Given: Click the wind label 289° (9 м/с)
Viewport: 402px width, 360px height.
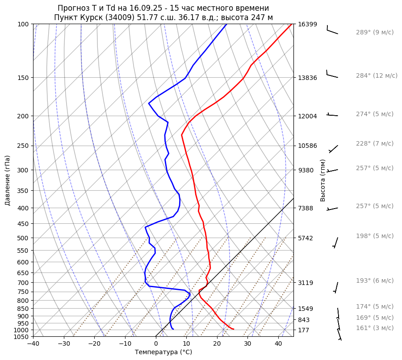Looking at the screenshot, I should (x=374, y=32).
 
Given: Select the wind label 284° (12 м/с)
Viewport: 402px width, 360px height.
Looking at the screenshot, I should (x=376, y=75).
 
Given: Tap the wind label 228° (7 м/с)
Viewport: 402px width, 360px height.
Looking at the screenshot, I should (x=374, y=143).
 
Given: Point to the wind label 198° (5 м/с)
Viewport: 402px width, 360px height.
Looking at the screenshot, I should (x=374, y=236).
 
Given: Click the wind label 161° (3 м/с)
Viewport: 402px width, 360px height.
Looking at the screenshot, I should (x=374, y=328).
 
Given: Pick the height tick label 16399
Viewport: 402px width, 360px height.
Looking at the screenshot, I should (x=307, y=24).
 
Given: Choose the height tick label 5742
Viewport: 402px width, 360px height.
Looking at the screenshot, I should (x=306, y=238).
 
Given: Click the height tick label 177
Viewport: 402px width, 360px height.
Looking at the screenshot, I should (x=304, y=330).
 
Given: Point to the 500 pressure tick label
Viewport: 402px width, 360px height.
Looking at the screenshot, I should (x=23, y=238).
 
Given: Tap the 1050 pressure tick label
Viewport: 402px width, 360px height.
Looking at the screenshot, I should (x=21, y=337).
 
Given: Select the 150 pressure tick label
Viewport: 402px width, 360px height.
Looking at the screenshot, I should (x=23, y=78).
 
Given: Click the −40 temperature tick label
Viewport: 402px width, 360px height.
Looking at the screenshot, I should (x=33, y=344).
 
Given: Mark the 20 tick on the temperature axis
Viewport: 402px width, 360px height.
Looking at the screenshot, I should (x=217, y=344).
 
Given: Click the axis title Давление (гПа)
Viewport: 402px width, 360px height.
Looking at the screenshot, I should (x=8, y=180).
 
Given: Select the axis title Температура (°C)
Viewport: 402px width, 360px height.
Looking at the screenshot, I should (x=163, y=352).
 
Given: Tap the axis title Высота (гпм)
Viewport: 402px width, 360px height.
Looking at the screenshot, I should (x=323, y=180).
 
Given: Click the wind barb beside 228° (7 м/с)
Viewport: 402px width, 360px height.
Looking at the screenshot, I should (x=333, y=149).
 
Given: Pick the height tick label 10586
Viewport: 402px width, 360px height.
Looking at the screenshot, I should (x=307, y=146).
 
